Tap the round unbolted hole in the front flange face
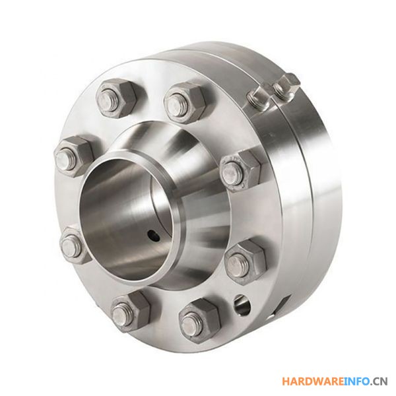[243, 304]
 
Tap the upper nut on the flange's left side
[74, 156]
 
